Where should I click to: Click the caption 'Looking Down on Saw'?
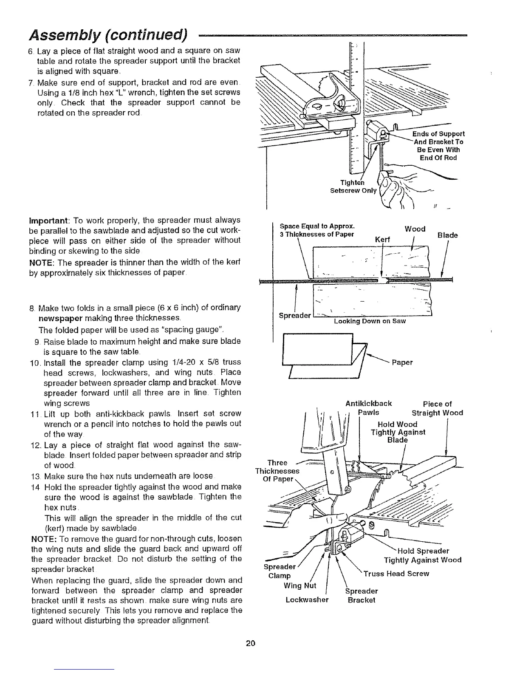point(370,321)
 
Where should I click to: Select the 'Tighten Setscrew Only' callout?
point(353,187)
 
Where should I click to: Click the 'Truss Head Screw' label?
point(397,574)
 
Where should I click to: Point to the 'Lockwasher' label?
point(307,600)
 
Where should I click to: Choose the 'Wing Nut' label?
point(300,585)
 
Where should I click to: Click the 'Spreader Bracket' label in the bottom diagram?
point(361,595)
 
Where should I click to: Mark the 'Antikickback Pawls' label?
point(369,407)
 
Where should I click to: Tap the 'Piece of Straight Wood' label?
point(437,408)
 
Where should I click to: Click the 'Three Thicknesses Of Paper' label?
point(277,471)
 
